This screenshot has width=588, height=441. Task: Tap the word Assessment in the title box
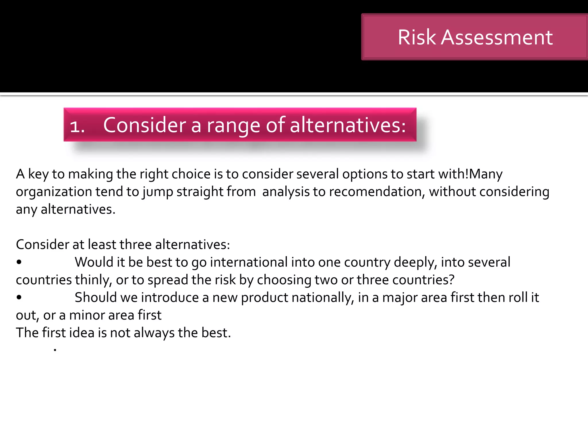point(496,37)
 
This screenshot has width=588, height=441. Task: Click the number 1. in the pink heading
point(77,126)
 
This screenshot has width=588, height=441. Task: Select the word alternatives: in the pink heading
point(348,125)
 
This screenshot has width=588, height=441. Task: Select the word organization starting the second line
point(53,192)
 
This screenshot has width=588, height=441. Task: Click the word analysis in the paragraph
point(286,192)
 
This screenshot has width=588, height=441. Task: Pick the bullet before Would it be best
point(19,262)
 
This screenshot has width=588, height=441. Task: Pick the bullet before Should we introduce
point(19,297)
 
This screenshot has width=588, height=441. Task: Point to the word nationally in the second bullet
point(323,297)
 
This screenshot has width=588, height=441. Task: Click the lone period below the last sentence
point(55,350)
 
